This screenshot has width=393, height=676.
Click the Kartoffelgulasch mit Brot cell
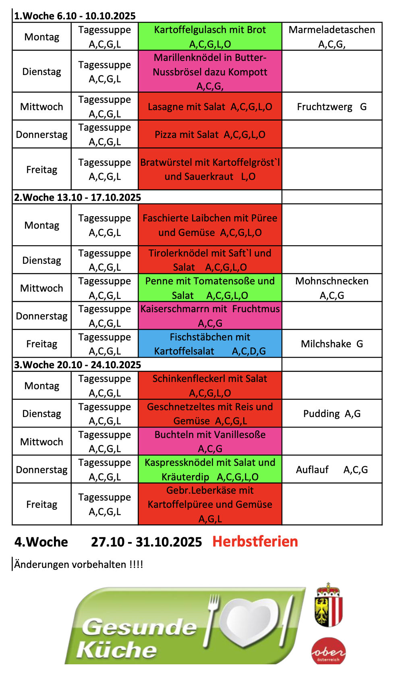click(210, 37)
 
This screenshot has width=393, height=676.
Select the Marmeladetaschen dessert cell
click(332, 37)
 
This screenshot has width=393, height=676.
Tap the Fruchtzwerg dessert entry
click(332, 107)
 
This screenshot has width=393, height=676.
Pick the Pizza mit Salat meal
click(210, 135)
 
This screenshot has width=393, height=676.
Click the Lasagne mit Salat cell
click(210, 107)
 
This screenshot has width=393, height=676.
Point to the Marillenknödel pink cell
click(210, 72)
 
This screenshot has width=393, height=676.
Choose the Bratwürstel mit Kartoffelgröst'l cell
click(210, 169)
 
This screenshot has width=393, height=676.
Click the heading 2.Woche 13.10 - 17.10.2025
click(78, 198)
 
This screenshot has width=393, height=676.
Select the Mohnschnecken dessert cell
click(332, 288)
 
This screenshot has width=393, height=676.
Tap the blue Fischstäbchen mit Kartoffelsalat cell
click(210, 344)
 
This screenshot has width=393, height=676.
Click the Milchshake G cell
click(332, 344)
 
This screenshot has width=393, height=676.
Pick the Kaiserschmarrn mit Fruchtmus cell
click(210, 316)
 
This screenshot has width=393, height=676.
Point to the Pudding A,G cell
click(332, 414)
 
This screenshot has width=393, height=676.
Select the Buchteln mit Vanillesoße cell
click(210, 442)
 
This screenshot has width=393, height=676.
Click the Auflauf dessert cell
click(332, 470)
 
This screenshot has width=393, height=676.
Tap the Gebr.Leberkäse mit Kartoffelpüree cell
click(210, 505)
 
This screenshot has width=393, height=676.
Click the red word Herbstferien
click(255, 542)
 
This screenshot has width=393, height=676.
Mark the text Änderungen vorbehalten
click(79, 564)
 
